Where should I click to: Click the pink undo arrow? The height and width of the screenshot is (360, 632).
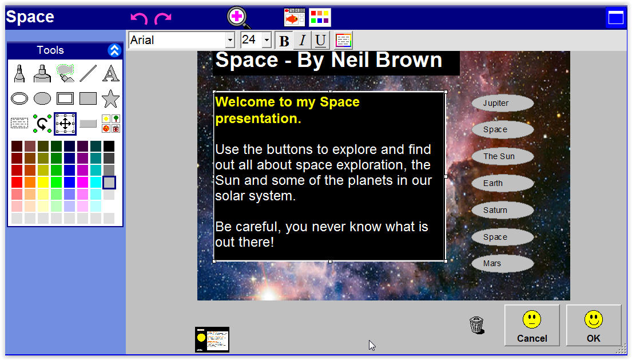tap(139, 18)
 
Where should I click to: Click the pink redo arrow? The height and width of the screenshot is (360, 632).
tap(163, 18)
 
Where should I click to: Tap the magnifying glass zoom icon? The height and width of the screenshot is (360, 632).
tap(238, 17)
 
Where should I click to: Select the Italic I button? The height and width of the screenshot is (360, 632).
tap(303, 40)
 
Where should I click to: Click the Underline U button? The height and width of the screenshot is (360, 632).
tap(320, 40)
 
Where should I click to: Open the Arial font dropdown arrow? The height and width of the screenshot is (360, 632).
tap(230, 40)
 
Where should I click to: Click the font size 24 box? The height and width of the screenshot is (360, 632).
tap(252, 40)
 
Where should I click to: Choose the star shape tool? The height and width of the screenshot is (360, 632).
tap(110, 98)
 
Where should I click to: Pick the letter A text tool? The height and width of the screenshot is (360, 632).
tap(110, 73)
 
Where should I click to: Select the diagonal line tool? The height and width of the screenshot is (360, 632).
tap(88, 73)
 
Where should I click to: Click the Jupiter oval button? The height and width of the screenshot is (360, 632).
tap(503, 103)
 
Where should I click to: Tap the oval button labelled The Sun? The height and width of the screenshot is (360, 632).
tap(503, 156)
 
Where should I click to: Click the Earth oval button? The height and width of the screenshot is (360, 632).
tap(503, 183)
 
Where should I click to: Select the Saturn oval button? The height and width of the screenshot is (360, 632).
tap(503, 211)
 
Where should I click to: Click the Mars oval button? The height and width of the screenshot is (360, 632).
tap(503, 264)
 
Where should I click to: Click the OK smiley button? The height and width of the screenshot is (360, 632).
tap(593, 325)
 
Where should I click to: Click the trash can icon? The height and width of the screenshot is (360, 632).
tap(476, 325)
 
